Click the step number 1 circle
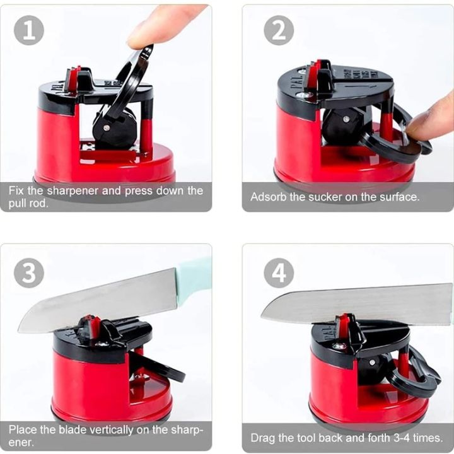(29, 30)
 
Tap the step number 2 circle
(278, 30)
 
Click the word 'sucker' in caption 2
(329, 197)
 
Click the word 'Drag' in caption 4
(264, 438)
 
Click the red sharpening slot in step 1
(73, 79)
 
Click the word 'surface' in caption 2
(397, 197)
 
